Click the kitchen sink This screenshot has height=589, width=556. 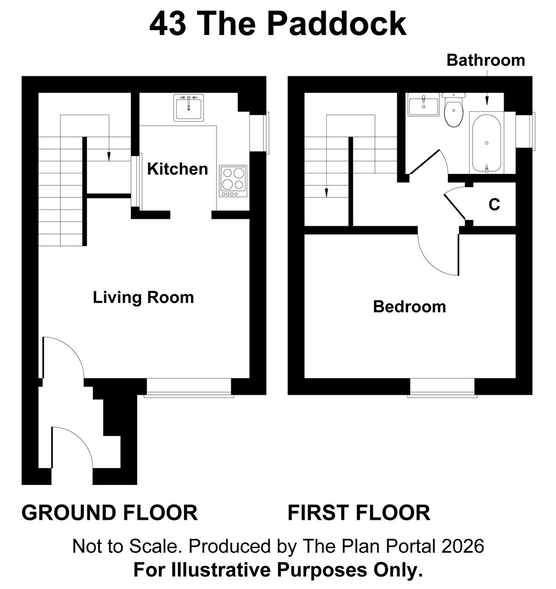click(189, 107)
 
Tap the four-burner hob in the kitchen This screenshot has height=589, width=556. click(233, 181)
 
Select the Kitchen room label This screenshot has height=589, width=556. click(177, 169)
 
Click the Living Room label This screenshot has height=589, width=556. click(143, 298)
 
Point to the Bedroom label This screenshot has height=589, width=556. click(409, 306)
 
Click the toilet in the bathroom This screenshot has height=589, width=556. click(453, 111)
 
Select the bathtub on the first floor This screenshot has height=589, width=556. click(486, 142)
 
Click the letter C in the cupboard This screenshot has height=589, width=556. click(494, 205)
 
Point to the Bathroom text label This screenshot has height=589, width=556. click(486, 60)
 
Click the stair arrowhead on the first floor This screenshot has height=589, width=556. click(326, 193)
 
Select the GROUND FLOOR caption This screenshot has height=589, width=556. click(110, 513)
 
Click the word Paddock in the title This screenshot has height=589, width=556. click(337, 24)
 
